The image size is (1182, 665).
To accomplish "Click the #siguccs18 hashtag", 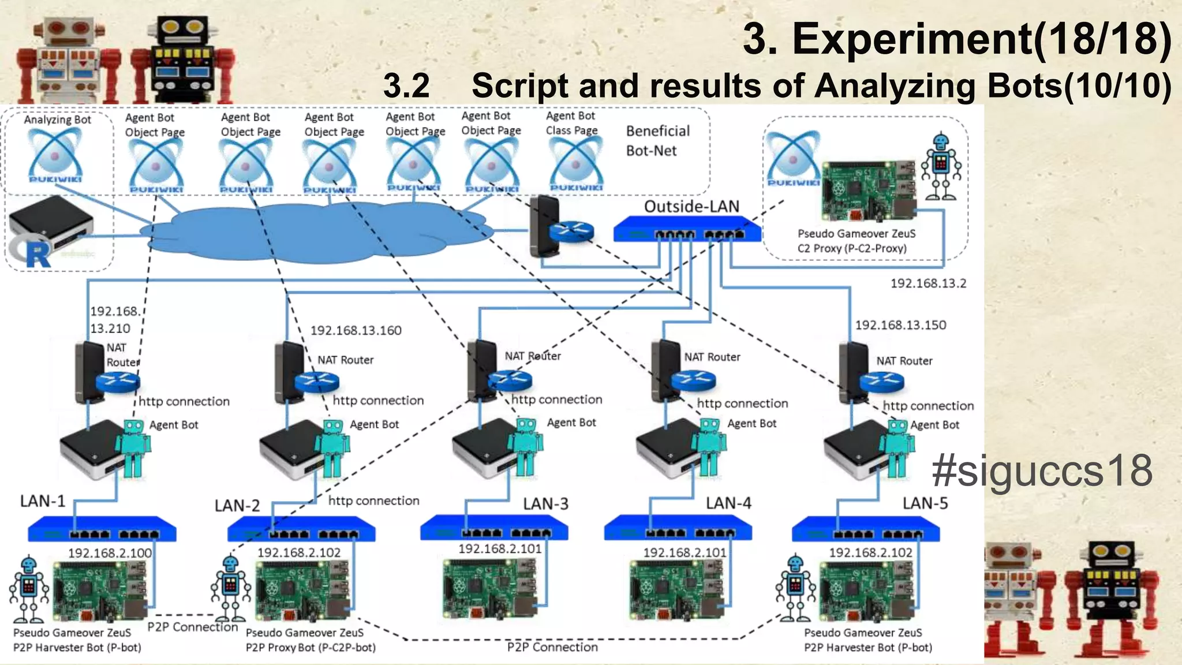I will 1042,470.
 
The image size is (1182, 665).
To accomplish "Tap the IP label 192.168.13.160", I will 356,330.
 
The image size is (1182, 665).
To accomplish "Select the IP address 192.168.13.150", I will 900,325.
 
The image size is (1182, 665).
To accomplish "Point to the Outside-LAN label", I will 691,206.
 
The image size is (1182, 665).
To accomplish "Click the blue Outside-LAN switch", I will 687,229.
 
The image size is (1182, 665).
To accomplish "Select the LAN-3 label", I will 545,504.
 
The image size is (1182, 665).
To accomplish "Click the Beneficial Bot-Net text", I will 657,141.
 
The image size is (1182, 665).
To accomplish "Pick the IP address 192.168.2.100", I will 110,553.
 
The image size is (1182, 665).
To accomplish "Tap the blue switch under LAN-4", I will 677,528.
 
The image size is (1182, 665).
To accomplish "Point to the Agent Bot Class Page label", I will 571,123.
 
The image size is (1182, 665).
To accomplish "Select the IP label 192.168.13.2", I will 927,283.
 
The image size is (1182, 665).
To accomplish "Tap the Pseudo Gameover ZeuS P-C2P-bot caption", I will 310,640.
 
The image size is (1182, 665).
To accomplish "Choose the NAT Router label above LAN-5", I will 904,361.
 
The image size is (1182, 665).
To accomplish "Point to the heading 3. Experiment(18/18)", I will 956,38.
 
